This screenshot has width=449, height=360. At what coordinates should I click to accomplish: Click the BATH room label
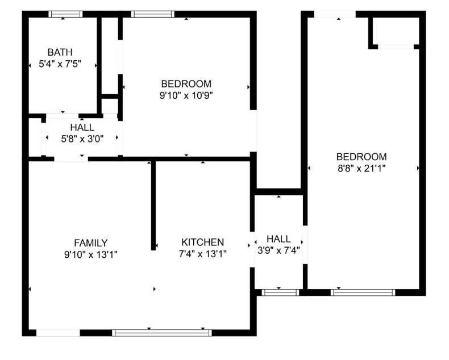coord(60,53)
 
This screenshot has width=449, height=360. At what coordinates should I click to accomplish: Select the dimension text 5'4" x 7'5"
coord(60,64)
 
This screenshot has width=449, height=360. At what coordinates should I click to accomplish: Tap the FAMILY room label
coord(90,243)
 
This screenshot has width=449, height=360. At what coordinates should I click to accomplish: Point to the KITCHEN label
coord(202,242)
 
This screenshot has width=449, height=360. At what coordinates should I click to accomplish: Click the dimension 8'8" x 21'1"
coord(361,168)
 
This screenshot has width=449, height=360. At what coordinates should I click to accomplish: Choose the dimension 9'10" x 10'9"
coord(186,95)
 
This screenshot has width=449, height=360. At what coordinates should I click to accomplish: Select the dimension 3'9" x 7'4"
coord(278,250)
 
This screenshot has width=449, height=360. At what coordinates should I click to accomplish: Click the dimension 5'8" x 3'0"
coord(82,138)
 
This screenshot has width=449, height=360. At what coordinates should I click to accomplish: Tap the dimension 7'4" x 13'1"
coord(202,254)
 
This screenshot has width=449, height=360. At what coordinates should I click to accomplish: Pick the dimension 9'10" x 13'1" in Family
coord(90,254)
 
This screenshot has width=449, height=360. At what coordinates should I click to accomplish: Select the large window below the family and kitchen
coord(162,333)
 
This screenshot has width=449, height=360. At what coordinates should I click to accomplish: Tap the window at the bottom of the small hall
coord(280,292)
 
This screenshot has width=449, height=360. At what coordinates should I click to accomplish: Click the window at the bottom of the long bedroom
coord(363,292)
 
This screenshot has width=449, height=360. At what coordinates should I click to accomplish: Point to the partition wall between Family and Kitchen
coord(153,204)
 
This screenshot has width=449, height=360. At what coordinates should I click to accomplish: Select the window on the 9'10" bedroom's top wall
coord(152,14)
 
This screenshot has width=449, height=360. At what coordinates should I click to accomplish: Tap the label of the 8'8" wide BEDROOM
coord(361,157)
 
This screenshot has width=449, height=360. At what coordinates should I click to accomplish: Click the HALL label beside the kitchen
coord(278,239)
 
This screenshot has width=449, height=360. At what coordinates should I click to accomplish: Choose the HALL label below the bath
coord(82,127)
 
